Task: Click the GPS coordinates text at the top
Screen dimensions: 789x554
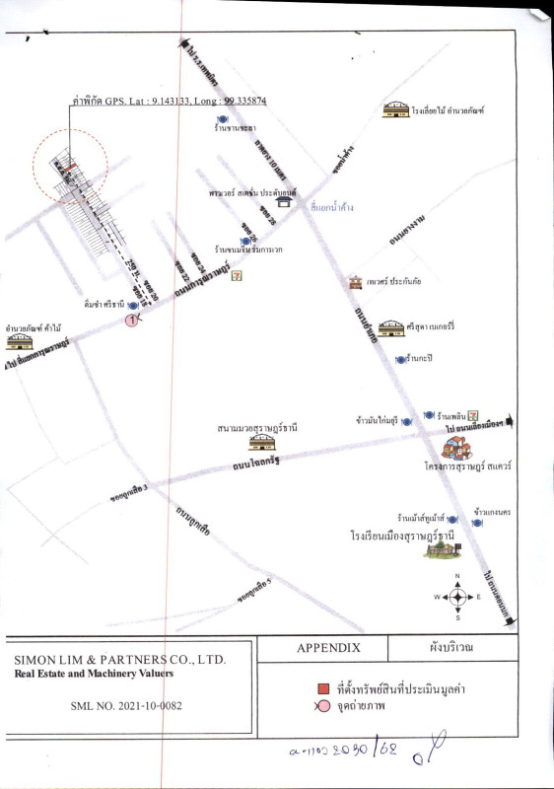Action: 170,101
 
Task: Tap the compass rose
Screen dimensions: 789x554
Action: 457,597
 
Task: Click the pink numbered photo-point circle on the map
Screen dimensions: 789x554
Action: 130,320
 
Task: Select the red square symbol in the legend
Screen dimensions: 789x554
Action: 322,688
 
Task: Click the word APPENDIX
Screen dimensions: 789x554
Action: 328,649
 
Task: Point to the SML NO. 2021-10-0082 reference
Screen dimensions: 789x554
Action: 126,706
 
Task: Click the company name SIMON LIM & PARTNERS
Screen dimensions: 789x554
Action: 119,659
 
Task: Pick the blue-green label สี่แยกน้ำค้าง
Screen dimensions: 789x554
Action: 331,208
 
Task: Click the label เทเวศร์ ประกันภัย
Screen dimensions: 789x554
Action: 393,281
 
